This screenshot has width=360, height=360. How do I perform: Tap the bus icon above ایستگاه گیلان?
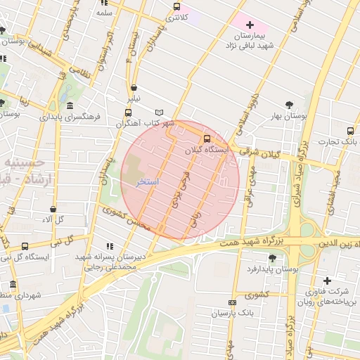point(207,139)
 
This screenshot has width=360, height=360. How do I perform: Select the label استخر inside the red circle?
point(148,182)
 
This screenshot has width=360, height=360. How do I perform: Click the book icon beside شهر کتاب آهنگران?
point(160,112)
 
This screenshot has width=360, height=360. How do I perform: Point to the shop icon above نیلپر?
point(134,89)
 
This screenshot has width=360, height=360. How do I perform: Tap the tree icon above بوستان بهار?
point(290,105)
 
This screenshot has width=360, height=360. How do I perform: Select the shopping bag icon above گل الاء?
point(53,209)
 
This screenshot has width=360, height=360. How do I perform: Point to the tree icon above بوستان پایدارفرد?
point(272,259)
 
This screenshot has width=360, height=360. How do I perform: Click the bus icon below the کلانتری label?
point(176,7)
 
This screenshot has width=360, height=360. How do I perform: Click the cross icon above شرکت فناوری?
point(326,281)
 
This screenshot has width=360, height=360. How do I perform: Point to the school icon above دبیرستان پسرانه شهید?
point(110,246)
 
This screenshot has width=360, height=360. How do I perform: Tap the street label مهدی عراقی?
point(248,188)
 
